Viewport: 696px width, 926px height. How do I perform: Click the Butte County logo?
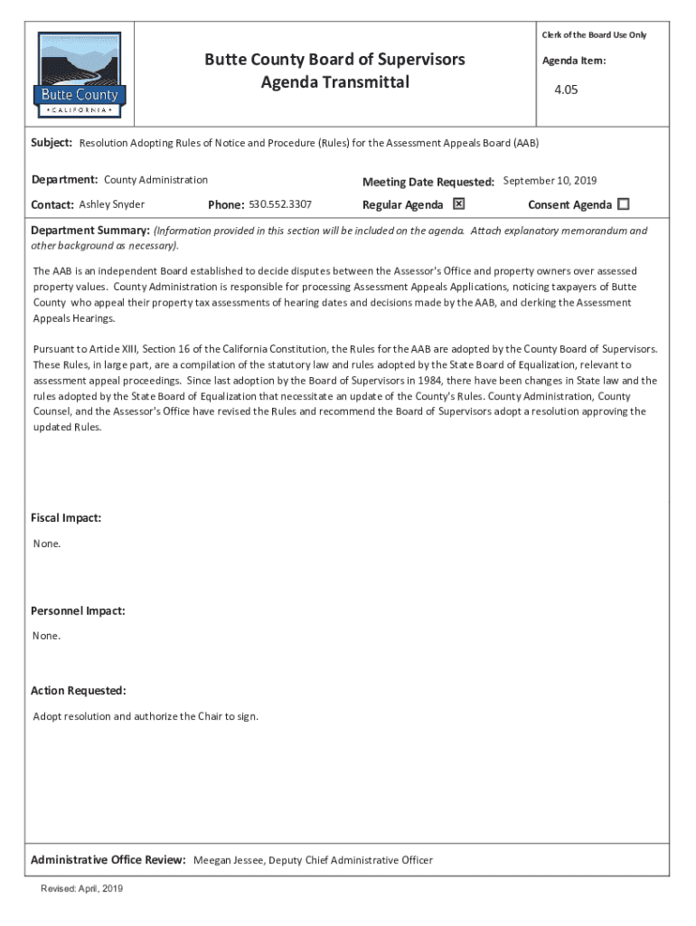click(x=80, y=74)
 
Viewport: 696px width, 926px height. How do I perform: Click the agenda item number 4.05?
click(x=567, y=90)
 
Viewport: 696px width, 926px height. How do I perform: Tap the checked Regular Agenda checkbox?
click(x=458, y=203)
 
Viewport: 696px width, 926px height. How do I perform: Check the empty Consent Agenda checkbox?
click(x=623, y=203)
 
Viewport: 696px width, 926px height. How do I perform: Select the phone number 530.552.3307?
click(x=280, y=204)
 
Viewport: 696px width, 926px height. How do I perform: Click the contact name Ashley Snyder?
click(x=112, y=204)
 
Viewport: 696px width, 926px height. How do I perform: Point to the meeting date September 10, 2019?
click(x=550, y=181)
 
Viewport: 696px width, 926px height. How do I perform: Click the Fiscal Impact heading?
click(x=66, y=518)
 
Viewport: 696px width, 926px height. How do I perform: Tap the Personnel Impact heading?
click(x=78, y=610)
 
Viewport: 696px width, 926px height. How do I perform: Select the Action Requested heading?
click(x=79, y=691)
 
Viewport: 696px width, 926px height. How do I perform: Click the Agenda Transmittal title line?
click(x=334, y=82)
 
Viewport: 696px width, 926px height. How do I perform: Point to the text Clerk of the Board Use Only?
click(x=594, y=34)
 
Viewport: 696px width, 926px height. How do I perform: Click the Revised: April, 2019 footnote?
click(x=81, y=889)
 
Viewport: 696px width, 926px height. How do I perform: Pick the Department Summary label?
click(x=90, y=231)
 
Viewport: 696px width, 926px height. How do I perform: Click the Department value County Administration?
click(x=155, y=180)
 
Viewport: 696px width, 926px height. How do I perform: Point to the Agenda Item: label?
click(x=574, y=61)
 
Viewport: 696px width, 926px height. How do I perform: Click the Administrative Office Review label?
click(x=108, y=860)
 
